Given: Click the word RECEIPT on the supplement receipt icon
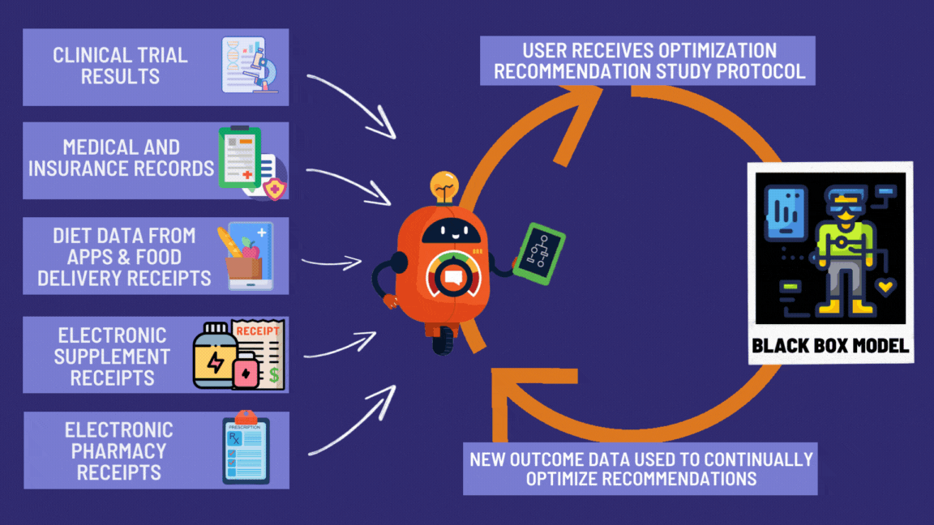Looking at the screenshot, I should [259, 331].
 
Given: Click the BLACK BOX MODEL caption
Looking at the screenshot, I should [830, 346].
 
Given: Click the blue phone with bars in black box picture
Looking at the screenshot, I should [785, 213].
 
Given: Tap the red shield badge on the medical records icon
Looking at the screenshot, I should [276, 188].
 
